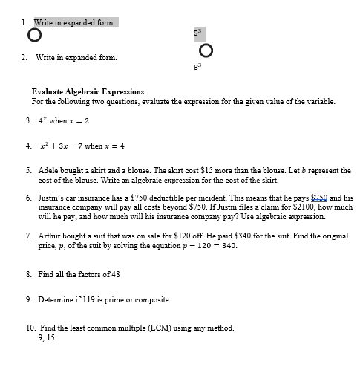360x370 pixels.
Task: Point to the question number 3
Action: click(28, 120)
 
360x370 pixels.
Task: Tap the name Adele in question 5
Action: click(48, 171)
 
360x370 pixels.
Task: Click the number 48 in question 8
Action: click(116, 274)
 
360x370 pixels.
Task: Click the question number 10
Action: click(30, 328)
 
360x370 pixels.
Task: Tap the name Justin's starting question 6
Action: click(50, 198)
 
